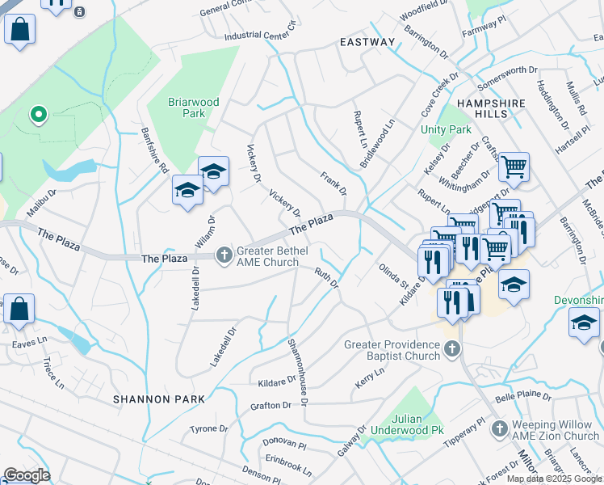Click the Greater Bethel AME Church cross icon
tap(224, 256)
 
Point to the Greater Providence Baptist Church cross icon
tap(452, 350)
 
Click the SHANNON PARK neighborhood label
tap(158, 399)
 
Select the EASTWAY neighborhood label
tap(367, 42)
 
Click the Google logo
tap(27, 475)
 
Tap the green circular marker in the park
tap(38, 115)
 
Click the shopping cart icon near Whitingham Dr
tap(514, 167)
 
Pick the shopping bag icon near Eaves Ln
tap(19, 309)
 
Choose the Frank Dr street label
tap(333, 183)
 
